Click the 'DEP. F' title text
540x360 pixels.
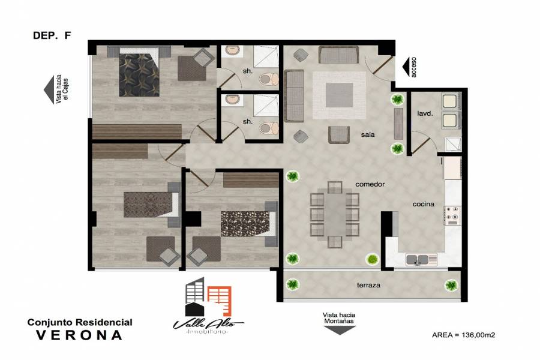point(52,35)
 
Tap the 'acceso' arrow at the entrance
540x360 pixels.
point(406,67)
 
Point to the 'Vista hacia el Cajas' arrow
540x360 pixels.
point(49,89)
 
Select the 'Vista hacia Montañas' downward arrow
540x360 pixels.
point(339,329)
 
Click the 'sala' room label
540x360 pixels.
point(368,134)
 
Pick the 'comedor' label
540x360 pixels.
point(370,184)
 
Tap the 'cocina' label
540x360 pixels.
point(423,204)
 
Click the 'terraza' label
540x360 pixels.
point(368,285)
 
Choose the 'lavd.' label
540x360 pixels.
point(425,113)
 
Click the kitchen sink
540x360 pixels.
point(418,259)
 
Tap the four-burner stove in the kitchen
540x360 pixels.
point(453,215)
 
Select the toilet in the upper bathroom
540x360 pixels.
point(269,79)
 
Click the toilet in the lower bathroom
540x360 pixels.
point(269,129)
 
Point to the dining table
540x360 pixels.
point(334,215)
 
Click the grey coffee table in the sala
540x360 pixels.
point(339,95)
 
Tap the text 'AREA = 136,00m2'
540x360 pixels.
point(463,335)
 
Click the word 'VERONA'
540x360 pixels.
point(80,335)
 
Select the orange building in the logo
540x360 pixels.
point(220,301)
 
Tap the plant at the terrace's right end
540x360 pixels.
point(451,285)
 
